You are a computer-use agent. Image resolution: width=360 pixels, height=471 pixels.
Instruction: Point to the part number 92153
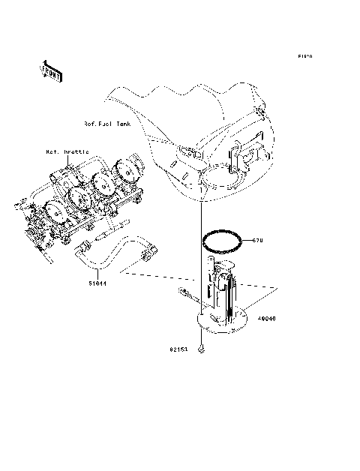click(x=178, y=349)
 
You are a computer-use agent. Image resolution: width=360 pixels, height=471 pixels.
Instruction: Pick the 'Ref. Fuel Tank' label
click(x=108, y=123)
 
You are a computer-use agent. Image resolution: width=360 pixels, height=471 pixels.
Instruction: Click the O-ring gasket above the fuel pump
click(x=223, y=241)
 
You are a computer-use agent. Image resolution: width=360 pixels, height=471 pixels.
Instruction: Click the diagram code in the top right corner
click(x=304, y=56)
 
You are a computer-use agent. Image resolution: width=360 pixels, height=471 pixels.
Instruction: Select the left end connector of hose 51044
click(x=81, y=252)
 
